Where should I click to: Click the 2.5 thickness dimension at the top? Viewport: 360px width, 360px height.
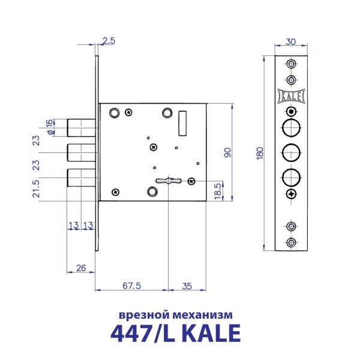(109, 41)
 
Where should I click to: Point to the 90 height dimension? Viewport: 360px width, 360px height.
(227, 151)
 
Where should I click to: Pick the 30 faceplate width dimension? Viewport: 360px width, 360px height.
(291, 42)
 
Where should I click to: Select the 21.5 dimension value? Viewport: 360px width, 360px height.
(37, 188)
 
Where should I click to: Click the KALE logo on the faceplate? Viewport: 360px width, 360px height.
(291, 95)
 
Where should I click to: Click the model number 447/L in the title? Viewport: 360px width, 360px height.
(146, 332)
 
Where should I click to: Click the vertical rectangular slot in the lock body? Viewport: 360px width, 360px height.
(182, 124)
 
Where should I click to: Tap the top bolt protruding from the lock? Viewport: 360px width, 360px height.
(80, 127)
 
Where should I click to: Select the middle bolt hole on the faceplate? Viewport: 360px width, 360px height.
(291, 152)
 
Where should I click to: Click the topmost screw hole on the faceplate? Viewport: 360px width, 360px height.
(291, 64)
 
